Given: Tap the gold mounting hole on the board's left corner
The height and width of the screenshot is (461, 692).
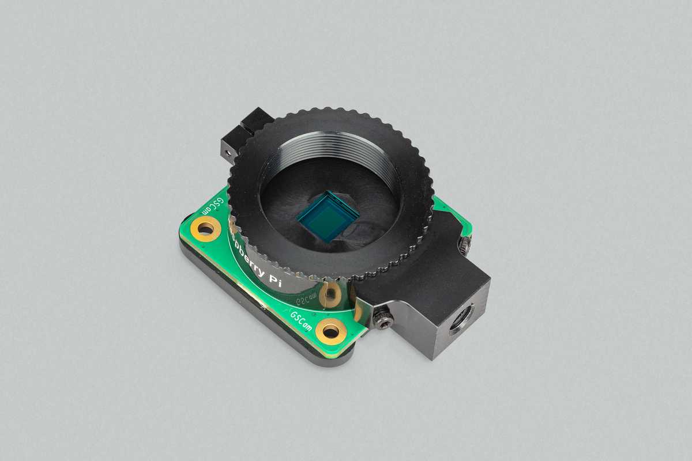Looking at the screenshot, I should click(x=206, y=229).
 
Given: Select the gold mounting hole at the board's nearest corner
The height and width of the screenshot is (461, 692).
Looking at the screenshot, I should click(x=332, y=331).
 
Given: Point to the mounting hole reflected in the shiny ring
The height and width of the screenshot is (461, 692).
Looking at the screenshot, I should click(x=330, y=294).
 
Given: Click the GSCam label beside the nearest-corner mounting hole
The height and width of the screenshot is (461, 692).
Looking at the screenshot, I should click(x=302, y=321).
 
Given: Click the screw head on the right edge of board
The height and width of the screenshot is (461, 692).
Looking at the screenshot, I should click(x=465, y=245).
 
